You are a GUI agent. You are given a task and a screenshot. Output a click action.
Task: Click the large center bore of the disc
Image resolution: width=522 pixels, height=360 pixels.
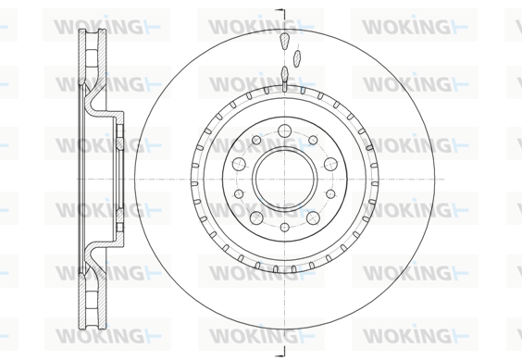point(284,180)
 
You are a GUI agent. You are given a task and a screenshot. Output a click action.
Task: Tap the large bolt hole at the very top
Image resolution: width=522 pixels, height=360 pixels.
point(285,130)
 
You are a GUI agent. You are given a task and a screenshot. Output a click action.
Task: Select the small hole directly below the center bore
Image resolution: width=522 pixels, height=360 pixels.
point(285,227)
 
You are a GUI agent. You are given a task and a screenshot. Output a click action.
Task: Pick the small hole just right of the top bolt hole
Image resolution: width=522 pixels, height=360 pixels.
point(313,140)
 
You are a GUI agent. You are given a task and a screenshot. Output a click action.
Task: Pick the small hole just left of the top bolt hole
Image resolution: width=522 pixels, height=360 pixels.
point(256,140)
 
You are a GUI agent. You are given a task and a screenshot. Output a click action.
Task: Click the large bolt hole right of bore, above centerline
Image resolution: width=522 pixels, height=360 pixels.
point(330,164)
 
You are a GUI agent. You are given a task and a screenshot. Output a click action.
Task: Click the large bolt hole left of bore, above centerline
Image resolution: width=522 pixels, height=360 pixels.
point(239,164)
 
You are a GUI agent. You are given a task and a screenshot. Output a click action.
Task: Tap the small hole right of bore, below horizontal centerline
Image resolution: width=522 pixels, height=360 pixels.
point(330,193)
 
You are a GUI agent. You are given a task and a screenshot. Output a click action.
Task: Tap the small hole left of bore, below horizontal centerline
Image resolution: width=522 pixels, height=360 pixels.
point(239,193)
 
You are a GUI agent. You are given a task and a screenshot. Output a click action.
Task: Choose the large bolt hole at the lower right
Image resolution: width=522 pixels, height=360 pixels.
point(313,217)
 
